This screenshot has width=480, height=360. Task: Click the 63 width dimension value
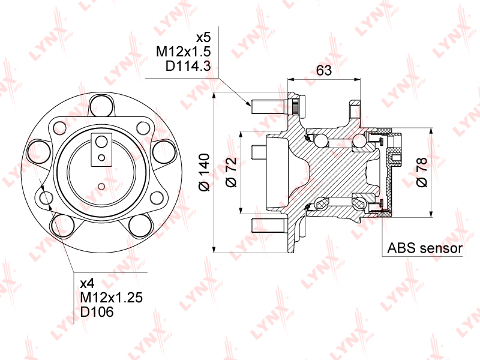(324, 70)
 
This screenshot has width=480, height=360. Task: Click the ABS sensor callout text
(425, 248)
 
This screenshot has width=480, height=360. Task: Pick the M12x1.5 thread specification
(183, 52)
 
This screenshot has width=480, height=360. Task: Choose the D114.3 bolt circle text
(187, 67)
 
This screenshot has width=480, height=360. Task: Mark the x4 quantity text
(88, 283)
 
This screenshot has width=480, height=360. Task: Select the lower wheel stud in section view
(267, 226)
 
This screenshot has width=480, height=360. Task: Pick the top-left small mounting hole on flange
(59, 127)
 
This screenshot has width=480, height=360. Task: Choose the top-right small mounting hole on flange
(143, 127)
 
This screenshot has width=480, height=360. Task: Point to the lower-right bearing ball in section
(361, 203)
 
